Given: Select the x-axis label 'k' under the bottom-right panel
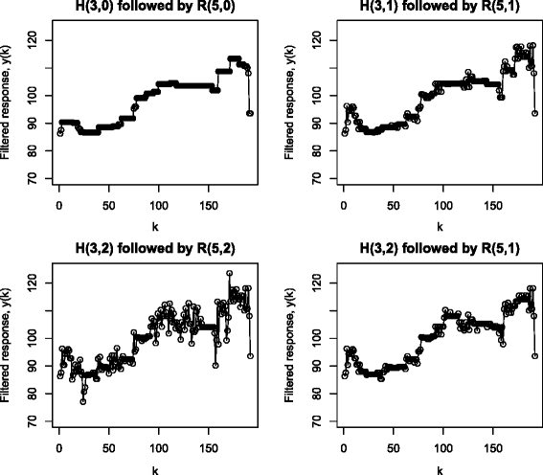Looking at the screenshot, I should pyautogui.click(x=439, y=468).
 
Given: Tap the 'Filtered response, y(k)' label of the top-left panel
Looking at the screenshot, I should pyautogui.click(x=7, y=108).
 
